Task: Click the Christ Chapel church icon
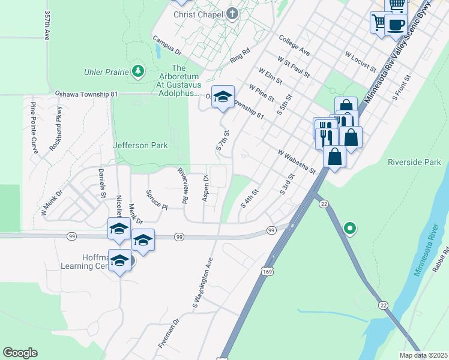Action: click(231, 13)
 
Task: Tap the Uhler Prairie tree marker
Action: click(138, 72)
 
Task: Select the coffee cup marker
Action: click(396, 25)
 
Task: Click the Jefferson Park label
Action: click(140, 145)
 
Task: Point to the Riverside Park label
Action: click(414, 162)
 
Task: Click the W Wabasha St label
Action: click(297, 162)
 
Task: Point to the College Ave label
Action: click(294, 46)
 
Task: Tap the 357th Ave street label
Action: click(47, 25)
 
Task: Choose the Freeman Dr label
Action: click(169, 334)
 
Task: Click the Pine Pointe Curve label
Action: click(34, 127)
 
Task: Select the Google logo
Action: click(20, 353)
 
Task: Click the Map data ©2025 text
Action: click(424, 355)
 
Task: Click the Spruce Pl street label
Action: click(157, 199)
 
